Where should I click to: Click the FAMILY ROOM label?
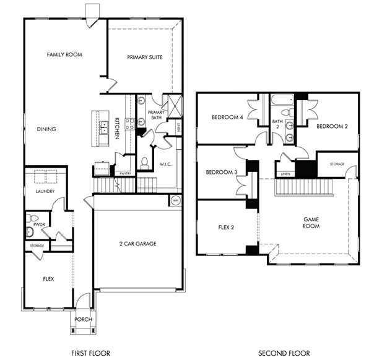click(x=64, y=54)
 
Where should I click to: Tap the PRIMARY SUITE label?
click(x=145, y=57)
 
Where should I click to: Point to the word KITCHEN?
click(x=118, y=127)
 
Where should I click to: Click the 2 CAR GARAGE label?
click(x=137, y=244)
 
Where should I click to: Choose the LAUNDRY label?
click(x=45, y=191)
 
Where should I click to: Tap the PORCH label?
click(x=83, y=319)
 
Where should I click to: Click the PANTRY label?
click(x=124, y=173)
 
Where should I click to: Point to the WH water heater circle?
click(x=175, y=200)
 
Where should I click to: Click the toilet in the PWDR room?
click(x=30, y=232)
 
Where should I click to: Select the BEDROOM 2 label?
click(x=332, y=126)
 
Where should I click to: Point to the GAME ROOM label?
click(x=311, y=223)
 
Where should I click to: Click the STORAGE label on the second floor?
click(x=337, y=165)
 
